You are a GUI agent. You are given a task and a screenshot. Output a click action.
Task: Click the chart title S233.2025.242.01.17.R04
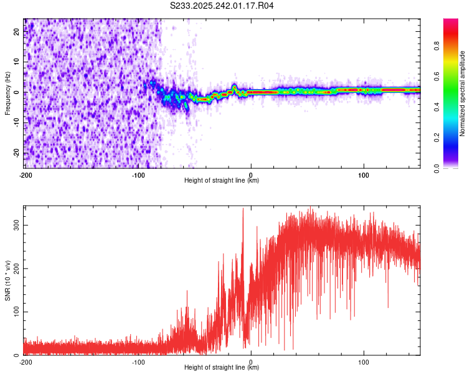click(222, 6)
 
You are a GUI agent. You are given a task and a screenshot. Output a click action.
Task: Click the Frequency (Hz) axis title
click(8, 93)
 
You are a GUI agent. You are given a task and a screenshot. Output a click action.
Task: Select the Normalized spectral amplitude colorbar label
click(463, 93)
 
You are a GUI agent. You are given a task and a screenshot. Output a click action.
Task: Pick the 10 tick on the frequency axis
click(17, 62)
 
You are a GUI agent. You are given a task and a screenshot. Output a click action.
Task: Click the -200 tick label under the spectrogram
click(26, 175)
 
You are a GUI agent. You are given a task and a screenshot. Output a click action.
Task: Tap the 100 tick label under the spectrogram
click(364, 175)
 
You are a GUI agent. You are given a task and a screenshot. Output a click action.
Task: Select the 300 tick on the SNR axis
click(17, 224)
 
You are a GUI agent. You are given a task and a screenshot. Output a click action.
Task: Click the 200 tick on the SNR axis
click(17, 268)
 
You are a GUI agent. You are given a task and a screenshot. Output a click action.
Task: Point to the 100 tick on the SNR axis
click(17, 312)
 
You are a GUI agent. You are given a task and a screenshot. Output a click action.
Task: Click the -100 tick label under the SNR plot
click(138, 362)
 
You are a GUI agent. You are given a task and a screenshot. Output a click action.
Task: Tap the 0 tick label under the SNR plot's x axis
click(251, 362)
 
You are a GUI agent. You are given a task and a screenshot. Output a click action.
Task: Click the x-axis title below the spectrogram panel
click(222, 181)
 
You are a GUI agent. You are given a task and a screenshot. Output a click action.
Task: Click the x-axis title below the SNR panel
click(222, 368)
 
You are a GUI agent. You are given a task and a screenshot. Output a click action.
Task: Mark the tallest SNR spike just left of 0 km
click(243, 209)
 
